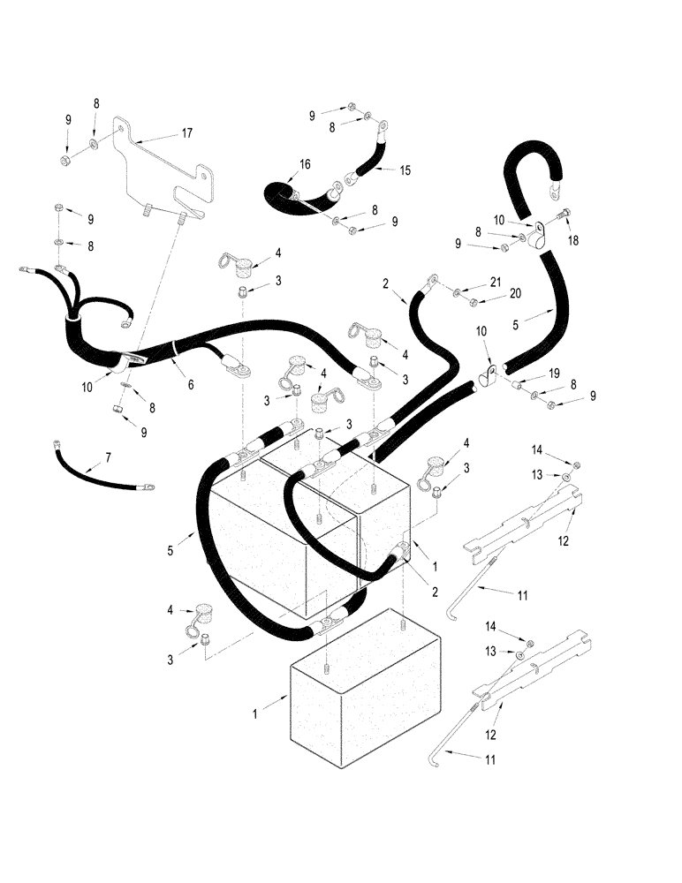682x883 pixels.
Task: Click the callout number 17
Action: (x=186, y=134)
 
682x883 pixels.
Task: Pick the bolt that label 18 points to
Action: (x=565, y=213)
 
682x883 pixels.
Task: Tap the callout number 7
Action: (x=108, y=457)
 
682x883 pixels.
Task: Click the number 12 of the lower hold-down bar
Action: (x=489, y=735)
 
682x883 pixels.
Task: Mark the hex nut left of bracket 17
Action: (x=68, y=162)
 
